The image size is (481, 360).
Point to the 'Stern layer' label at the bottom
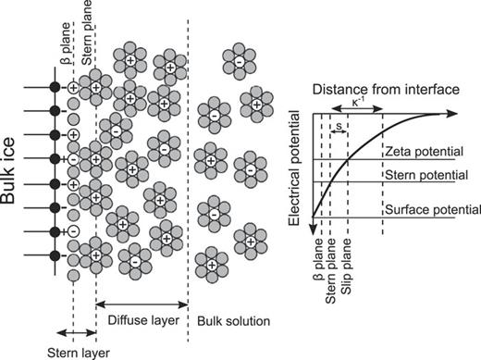[70, 352]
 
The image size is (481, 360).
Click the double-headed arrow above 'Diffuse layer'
[142, 302]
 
